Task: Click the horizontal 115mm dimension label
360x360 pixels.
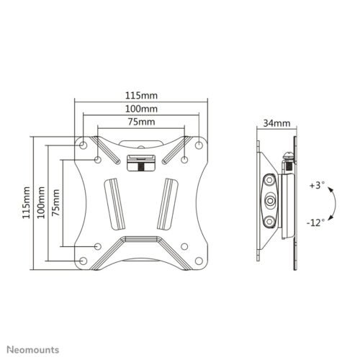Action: coord(141,96)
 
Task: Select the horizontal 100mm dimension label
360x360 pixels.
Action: coord(141,109)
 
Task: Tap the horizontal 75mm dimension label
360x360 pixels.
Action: coord(141,122)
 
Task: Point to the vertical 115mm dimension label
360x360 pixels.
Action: coord(27,202)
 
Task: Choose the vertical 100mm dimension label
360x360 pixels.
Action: coord(41,202)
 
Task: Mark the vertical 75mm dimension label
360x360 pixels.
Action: coord(55,202)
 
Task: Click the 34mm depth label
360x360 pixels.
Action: coord(276,123)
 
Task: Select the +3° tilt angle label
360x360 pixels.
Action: coord(317,185)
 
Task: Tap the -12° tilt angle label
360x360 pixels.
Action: coord(315,222)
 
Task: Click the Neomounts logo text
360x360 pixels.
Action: coord(33,350)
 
